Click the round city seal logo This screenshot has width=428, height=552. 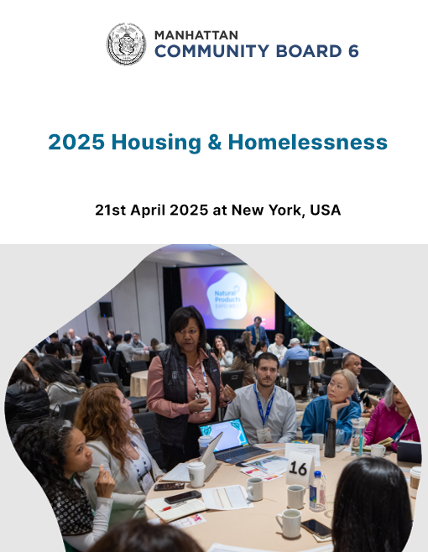(126, 44)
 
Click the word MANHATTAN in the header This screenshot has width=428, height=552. (196, 35)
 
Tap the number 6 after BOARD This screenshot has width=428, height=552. (353, 51)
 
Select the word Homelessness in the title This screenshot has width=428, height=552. (307, 143)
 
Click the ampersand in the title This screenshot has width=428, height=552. (215, 143)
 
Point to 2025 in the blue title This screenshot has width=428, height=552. (76, 143)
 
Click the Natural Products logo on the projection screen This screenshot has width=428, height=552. (227, 298)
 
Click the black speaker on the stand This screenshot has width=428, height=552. (106, 310)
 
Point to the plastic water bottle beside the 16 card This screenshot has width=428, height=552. (317, 492)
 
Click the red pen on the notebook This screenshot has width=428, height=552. (172, 506)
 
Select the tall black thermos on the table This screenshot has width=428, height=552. (330, 438)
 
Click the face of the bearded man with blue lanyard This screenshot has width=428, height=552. (267, 371)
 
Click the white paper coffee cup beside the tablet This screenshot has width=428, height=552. (196, 474)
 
